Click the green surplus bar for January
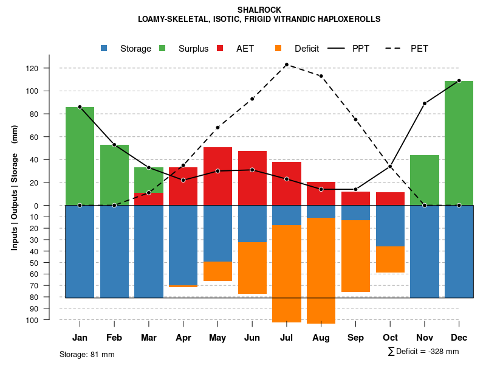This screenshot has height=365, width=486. click(80, 156)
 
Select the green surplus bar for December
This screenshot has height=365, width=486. click(459, 143)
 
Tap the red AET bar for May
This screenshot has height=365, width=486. click(217, 176)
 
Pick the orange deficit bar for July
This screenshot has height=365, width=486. click(286, 273)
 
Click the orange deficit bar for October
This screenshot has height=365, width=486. click(390, 259)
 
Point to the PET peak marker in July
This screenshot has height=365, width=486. click(286, 64)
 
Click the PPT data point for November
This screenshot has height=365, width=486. click(425, 103)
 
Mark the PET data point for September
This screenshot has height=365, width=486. click(355, 120)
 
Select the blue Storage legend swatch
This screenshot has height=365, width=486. click(104, 48)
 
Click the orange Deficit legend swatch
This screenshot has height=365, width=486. click(279, 48)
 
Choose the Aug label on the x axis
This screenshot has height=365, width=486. click(321, 338)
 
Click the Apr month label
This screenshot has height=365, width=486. click(183, 338)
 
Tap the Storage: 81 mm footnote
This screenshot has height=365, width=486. click(87, 354)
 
